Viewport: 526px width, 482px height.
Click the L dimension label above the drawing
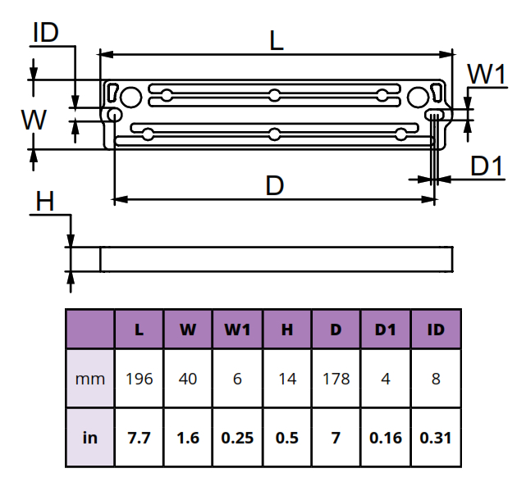(x=277, y=40)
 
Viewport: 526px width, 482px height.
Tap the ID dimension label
(x=45, y=33)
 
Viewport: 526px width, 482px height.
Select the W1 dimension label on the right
(x=486, y=75)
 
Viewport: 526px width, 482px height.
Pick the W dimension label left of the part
(x=34, y=120)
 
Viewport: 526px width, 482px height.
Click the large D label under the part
(x=275, y=186)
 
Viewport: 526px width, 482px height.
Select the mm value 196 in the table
(x=140, y=379)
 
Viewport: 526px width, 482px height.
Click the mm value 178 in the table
(x=336, y=379)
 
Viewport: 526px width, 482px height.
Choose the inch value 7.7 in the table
(x=140, y=437)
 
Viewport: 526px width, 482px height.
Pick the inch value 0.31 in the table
(x=437, y=437)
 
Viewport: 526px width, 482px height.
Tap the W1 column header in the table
(x=237, y=330)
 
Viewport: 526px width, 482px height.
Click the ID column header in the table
(x=437, y=330)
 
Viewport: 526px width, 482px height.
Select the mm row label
(x=90, y=379)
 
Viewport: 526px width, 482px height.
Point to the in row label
(x=90, y=437)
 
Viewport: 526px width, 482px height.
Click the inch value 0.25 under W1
(x=237, y=437)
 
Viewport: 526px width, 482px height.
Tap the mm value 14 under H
(x=287, y=379)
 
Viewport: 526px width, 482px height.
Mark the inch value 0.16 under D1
(x=386, y=437)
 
